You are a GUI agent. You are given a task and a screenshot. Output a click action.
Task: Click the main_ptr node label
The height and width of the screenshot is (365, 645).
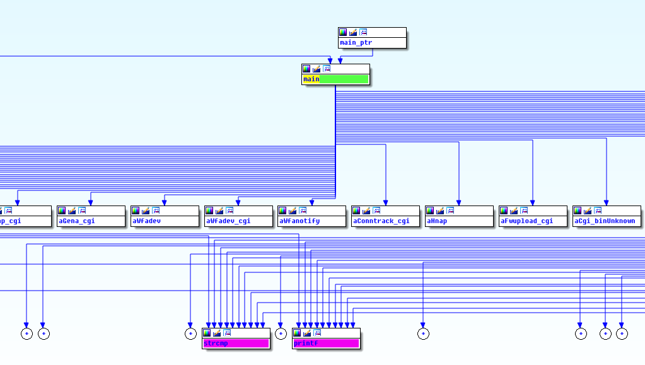pos(356,43)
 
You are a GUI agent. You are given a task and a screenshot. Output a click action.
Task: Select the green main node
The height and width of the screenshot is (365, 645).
pos(335,79)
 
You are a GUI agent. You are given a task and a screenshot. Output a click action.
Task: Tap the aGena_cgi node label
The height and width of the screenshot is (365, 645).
pos(77,221)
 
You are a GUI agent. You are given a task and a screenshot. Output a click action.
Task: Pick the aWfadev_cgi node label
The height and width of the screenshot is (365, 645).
pos(228,221)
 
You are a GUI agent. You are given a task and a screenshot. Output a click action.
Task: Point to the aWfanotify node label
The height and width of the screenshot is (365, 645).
pos(299,221)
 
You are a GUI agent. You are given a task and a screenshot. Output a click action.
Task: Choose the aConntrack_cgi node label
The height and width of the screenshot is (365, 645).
pos(381,221)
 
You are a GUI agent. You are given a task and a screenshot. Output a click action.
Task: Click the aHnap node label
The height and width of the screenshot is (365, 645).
pos(437,221)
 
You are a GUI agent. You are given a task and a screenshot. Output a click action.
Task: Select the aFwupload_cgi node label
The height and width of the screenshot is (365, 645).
pos(526,221)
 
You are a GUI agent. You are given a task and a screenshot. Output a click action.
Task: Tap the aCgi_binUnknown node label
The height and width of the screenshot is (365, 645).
pos(604,221)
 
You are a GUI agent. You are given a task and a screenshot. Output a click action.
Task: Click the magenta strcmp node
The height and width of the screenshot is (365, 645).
pos(236,344)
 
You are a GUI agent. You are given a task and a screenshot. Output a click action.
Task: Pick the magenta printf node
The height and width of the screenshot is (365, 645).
pos(326,344)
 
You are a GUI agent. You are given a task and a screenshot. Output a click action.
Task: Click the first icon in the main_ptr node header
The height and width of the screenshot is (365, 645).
pos(343,32)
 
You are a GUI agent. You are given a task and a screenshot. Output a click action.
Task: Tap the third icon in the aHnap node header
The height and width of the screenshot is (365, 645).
pos(450,211)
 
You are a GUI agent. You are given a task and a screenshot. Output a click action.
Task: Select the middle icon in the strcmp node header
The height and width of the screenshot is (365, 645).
pos(217,333)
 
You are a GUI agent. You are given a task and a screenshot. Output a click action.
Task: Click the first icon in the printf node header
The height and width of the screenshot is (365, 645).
pos(297,333)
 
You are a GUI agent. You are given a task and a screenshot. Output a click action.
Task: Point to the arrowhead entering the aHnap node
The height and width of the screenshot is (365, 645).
pos(459,202)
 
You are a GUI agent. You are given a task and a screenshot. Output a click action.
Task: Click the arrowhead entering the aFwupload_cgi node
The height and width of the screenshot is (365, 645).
pos(533,202)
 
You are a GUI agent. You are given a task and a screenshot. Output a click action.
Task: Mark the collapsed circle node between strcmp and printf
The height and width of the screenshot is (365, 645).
pos(281,333)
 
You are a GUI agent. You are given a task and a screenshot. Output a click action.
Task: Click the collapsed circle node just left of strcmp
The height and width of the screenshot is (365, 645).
pos(190,333)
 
